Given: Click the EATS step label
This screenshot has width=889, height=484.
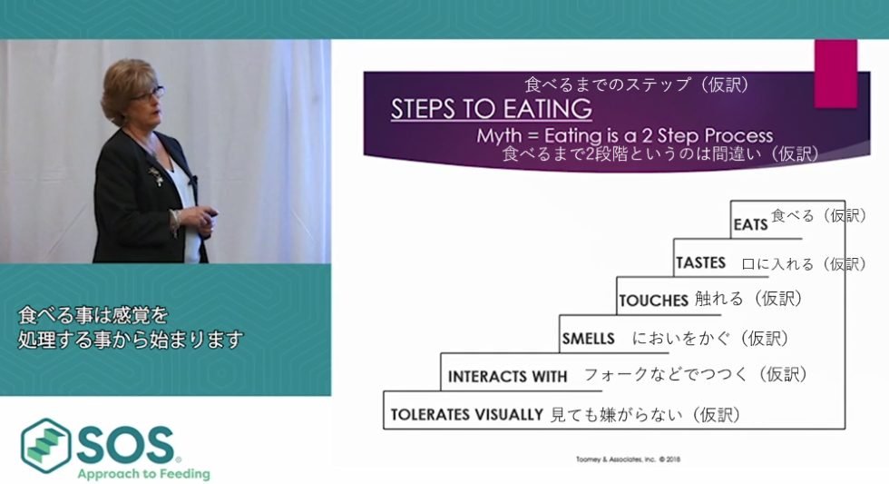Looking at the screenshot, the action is (751, 224).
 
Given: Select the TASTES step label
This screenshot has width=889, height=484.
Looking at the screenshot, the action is (700, 262).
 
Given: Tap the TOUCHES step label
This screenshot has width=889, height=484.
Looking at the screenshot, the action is (653, 301).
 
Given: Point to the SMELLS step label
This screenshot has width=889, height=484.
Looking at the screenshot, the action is (588, 339).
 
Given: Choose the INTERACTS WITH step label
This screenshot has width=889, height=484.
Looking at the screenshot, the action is (507, 377).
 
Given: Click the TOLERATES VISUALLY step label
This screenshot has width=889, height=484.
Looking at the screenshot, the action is (467, 415).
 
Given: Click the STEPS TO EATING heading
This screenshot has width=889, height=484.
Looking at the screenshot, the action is (491, 109).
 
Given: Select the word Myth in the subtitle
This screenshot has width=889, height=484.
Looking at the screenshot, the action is (499, 135).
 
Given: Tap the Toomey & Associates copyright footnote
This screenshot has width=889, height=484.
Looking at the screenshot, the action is (628, 459).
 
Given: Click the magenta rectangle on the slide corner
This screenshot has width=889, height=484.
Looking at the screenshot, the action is (835, 74).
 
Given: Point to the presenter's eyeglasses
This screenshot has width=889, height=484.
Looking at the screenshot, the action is (151, 94).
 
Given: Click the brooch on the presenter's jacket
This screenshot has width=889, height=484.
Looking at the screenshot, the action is (156, 176).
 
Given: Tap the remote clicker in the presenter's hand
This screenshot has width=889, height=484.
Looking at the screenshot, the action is (210, 215).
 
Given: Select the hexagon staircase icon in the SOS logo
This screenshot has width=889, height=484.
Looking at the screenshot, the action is (46, 446).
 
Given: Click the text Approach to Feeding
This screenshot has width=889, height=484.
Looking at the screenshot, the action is (144, 474).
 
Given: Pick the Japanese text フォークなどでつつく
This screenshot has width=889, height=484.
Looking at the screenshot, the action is (666, 374).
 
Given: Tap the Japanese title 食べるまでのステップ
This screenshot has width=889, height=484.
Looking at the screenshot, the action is (608, 84).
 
